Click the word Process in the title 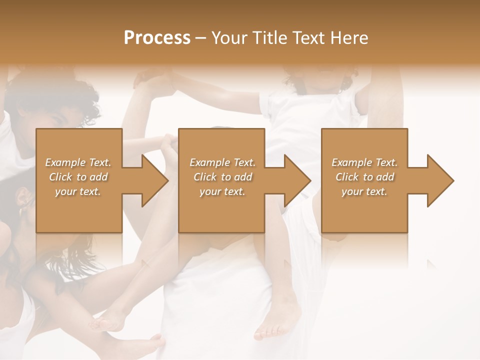coord(157,38)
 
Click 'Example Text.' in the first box coord(78,162)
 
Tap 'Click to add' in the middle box coord(222,177)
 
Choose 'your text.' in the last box coord(364,191)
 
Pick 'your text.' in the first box coord(78,191)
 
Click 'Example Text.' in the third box coord(364,162)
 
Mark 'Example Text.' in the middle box coord(222,162)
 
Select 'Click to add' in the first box coord(78,177)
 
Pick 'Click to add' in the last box coord(364,177)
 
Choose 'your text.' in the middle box coord(222,191)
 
